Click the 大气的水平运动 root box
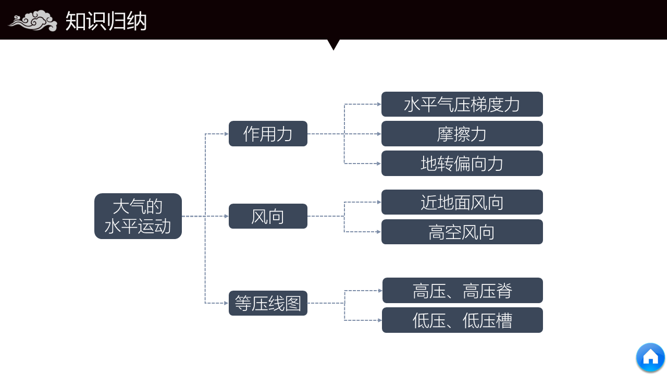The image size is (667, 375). [138, 216]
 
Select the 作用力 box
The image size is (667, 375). [268, 134]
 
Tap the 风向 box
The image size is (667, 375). [268, 216]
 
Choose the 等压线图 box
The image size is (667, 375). [268, 303]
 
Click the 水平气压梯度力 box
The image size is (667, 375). [462, 104]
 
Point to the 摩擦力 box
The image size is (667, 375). [462, 134]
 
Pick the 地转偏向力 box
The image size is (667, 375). [462, 164]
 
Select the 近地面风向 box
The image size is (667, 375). [462, 202]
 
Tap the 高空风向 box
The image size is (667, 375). [462, 232]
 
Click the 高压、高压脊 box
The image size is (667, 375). [463, 291]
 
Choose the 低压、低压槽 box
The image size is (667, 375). [463, 320]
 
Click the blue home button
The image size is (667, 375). [650, 357]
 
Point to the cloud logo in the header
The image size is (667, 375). [32, 21]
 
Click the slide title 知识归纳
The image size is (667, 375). [106, 21]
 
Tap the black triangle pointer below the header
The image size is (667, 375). [333, 44]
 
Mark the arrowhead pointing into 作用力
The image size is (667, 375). [226, 134]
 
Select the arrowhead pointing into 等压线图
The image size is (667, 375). [226, 303]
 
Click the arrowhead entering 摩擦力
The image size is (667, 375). [379, 134]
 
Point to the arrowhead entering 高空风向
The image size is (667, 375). [379, 232]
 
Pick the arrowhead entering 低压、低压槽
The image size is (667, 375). [379, 320]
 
